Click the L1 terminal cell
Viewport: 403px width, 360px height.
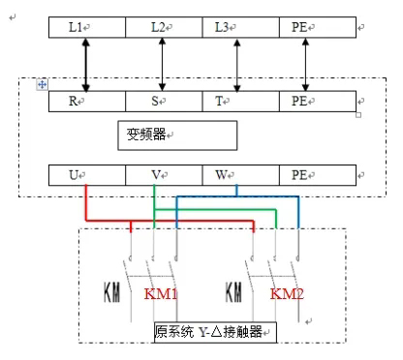tap(87, 28)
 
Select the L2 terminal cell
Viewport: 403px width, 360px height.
tap(163, 28)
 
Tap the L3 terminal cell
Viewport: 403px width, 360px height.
tap(238, 28)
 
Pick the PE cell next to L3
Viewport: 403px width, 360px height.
tap(315, 28)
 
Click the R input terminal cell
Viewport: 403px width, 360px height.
tap(87, 99)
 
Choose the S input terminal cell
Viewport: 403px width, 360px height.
tap(163, 99)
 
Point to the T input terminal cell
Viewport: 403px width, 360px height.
tap(238, 99)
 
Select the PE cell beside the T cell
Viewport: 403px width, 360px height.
tap(315, 99)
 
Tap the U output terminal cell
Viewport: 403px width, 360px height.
tap(87, 175)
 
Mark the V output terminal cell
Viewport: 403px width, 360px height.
tap(163, 175)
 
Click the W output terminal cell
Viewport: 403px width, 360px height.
tap(238, 175)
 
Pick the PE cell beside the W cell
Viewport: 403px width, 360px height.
tap(315, 175)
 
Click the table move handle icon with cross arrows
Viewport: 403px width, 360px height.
tap(42, 85)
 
